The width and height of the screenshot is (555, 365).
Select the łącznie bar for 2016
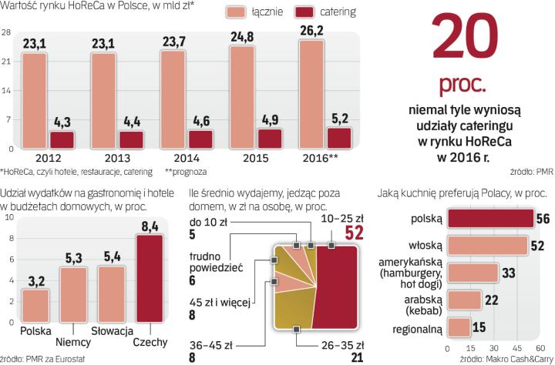[312, 94]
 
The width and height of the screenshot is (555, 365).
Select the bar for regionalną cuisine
[457, 328]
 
